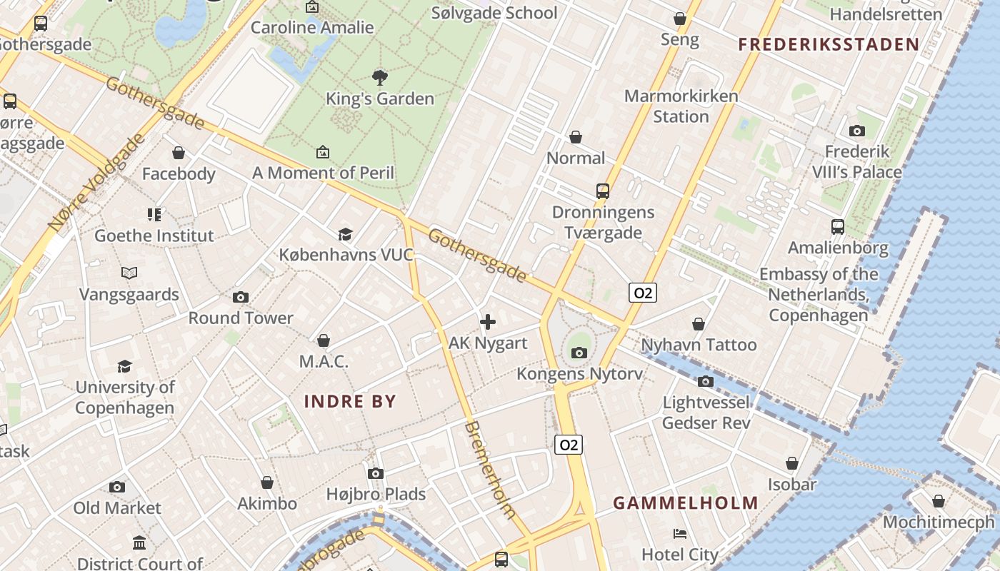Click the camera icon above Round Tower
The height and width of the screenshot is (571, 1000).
tap(241, 297)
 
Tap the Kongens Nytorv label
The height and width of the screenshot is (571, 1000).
tap(579, 373)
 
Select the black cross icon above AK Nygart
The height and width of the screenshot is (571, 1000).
tap(488, 322)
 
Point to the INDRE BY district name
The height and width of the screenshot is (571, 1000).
tap(350, 401)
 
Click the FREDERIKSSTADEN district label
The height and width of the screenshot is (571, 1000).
tap(829, 44)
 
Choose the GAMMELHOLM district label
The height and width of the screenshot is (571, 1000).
tap(686, 502)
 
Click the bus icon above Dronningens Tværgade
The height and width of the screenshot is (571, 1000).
tap(603, 191)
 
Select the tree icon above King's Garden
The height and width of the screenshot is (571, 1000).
tap(380, 77)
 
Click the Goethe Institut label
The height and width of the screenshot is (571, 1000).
tap(154, 236)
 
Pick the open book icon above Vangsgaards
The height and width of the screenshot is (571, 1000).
tap(129, 273)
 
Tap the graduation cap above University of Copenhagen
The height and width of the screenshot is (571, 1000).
tap(125, 366)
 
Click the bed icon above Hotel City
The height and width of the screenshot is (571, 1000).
tap(680, 533)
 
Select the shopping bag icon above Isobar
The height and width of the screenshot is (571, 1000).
tap(792, 463)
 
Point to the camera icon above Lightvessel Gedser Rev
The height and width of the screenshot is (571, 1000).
tap(706, 381)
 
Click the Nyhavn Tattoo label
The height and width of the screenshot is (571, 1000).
tap(699, 345)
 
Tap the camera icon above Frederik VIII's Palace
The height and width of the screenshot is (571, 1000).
tap(857, 131)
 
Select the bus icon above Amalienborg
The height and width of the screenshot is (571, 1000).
tap(838, 227)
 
